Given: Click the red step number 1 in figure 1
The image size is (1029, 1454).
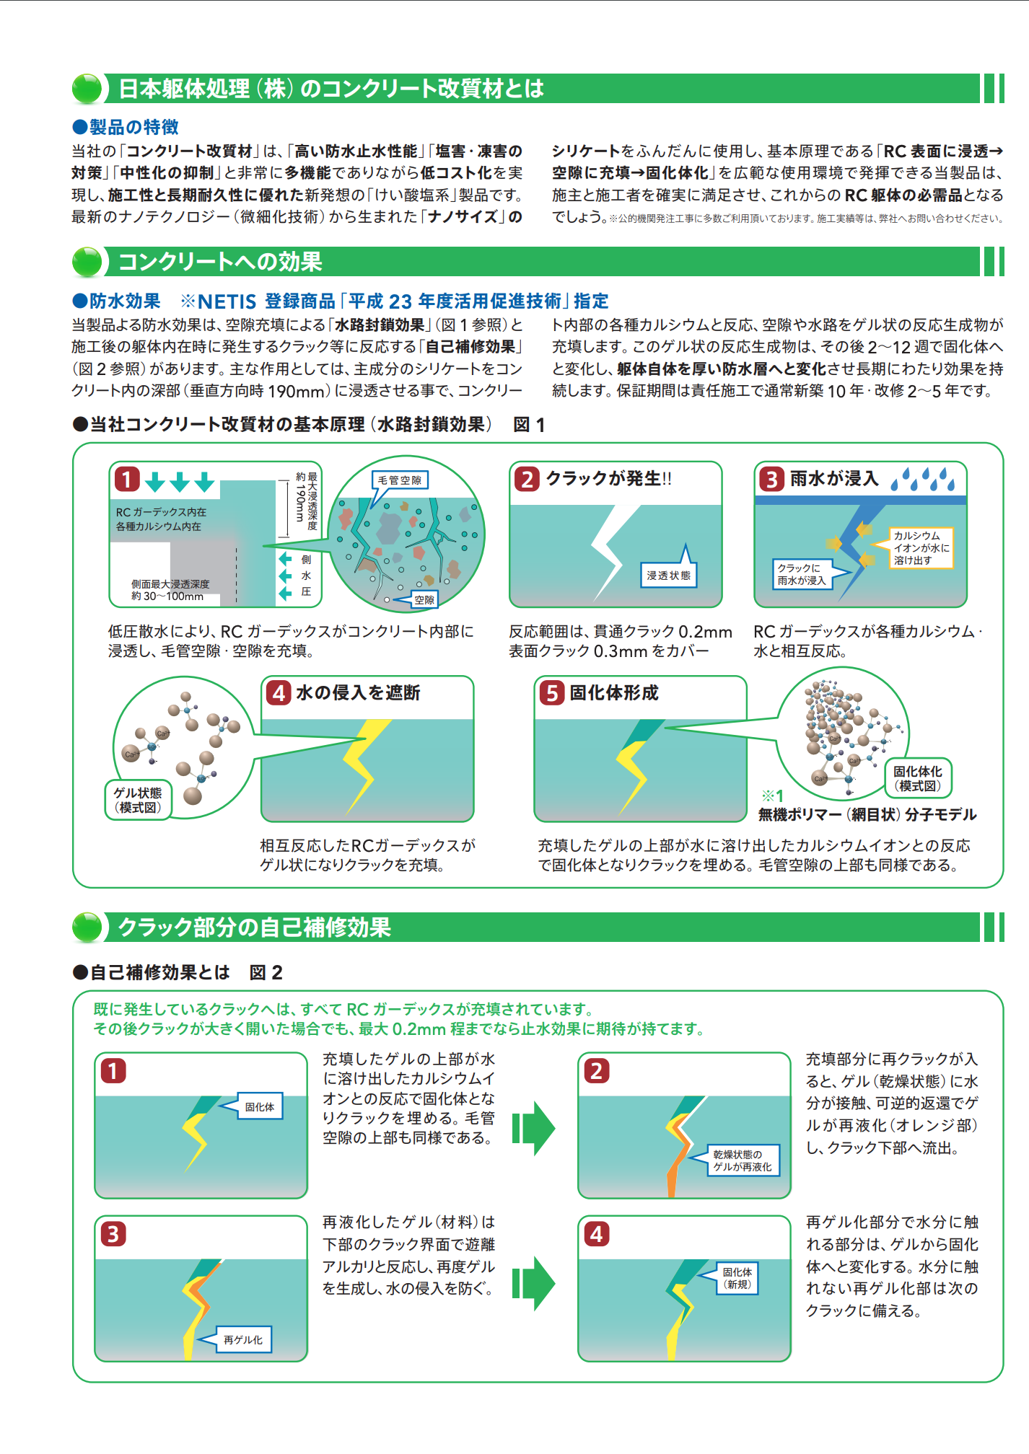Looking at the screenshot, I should [127, 479].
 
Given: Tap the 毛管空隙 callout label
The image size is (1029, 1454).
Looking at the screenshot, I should [400, 480].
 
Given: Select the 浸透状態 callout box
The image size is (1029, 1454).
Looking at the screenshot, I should [669, 576].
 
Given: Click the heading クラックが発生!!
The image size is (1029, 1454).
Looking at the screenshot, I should [608, 479].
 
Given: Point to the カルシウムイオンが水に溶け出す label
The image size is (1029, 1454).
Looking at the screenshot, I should [921, 548].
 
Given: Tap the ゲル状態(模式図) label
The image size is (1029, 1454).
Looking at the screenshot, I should [138, 800].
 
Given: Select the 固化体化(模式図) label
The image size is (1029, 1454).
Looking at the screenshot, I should [918, 779].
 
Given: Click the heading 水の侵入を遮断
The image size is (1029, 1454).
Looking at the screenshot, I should [358, 693].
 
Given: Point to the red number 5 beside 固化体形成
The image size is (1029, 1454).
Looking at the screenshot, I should [552, 693].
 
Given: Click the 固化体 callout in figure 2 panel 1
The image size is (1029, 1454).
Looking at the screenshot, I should [260, 1107].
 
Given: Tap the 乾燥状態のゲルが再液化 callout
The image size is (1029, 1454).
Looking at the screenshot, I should [743, 1160].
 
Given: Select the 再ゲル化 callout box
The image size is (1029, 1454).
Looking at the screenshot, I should [243, 1339].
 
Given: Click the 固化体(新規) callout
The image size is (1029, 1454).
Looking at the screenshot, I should [737, 1278].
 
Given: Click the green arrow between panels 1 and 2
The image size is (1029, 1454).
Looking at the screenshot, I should [534, 1128].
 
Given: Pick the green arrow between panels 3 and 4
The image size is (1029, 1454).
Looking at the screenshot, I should [534, 1283].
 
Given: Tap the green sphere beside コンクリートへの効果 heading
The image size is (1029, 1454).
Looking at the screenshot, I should [87, 262].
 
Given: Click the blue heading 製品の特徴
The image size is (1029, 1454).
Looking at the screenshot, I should [133, 128].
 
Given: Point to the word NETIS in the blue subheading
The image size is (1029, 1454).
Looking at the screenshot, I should [227, 301].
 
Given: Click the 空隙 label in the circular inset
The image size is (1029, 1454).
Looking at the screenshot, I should [424, 599].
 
